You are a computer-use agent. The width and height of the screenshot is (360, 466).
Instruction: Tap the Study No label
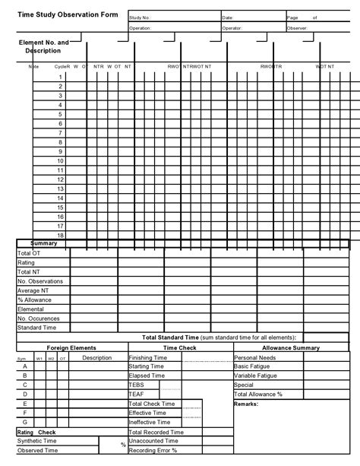(x=141, y=17)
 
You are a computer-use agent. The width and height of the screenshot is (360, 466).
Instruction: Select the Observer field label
(x=297, y=27)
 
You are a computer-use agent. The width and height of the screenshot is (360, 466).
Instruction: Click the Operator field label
(x=232, y=27)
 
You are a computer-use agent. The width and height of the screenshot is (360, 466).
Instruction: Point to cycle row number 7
(x=60, y=132)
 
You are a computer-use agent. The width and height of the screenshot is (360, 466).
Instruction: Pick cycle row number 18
(x=59, y=236)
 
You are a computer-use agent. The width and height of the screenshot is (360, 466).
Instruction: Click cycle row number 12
(x=59, y=179)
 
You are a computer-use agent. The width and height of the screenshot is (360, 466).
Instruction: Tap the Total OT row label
(x=30, y=253)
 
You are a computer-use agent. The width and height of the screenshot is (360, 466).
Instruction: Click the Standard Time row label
(x=36, y=328)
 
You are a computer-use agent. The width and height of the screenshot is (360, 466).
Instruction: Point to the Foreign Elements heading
(x=71, y=347)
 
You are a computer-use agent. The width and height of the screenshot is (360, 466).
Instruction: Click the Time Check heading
(x=179, y=347)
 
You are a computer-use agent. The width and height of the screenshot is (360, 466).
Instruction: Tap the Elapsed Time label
(x=147, y=376)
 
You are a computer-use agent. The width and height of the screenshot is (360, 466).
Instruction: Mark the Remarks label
(x=247, y=404)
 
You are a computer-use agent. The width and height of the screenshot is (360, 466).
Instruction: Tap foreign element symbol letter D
(x=25, y=395)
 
